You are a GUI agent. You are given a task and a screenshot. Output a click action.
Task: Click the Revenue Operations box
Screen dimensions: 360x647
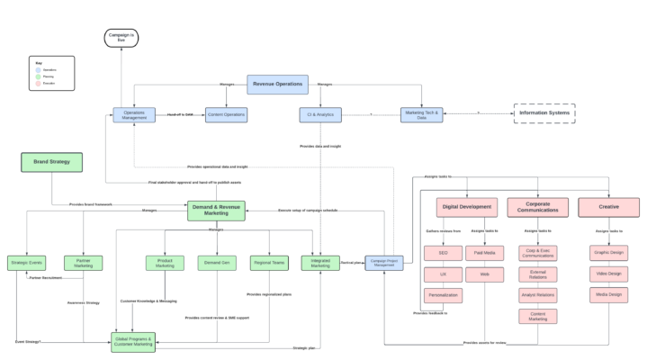click(277, 85)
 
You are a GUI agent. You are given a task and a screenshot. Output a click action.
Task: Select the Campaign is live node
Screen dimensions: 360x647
click(121, 38)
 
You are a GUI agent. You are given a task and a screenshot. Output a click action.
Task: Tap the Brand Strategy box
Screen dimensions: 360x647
click(51, 162)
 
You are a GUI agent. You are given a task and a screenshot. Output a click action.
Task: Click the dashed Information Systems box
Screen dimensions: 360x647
click(544, 113)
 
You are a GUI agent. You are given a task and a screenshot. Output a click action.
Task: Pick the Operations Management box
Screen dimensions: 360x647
click(134, 115)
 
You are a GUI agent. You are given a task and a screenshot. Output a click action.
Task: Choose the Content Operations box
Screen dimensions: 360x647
click(226, 115)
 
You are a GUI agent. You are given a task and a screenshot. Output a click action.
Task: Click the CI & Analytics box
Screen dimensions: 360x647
click(320, 115)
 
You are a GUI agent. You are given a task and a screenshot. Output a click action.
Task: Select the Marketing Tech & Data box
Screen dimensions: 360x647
click(421, 115)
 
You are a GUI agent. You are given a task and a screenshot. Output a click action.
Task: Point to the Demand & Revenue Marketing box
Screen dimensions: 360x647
click(216, 211)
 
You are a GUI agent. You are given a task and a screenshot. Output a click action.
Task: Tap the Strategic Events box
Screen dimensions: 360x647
click(26, 263)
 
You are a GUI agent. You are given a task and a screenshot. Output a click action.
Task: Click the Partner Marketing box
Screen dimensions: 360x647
click(83, 263)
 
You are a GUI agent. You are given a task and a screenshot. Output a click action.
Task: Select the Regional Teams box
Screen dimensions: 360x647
click(268, 263)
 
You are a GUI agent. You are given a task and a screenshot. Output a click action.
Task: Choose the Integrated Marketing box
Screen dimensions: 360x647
click(320, 263)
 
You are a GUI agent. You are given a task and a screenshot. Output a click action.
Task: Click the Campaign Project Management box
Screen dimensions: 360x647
click(384, 263)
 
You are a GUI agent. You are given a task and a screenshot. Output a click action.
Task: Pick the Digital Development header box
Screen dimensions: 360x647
click(468, 207)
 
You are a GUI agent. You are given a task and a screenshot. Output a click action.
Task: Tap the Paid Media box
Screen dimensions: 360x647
click(484, 253)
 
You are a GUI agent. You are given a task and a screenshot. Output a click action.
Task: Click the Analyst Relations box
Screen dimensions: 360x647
click(537, 295)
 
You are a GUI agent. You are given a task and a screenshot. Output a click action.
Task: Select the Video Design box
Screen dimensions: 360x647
click(609, 274)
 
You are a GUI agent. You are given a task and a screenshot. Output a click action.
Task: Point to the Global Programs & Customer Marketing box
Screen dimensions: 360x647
click(133, 340)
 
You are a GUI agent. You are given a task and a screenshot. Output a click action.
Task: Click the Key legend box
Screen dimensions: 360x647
click(51, 73)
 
